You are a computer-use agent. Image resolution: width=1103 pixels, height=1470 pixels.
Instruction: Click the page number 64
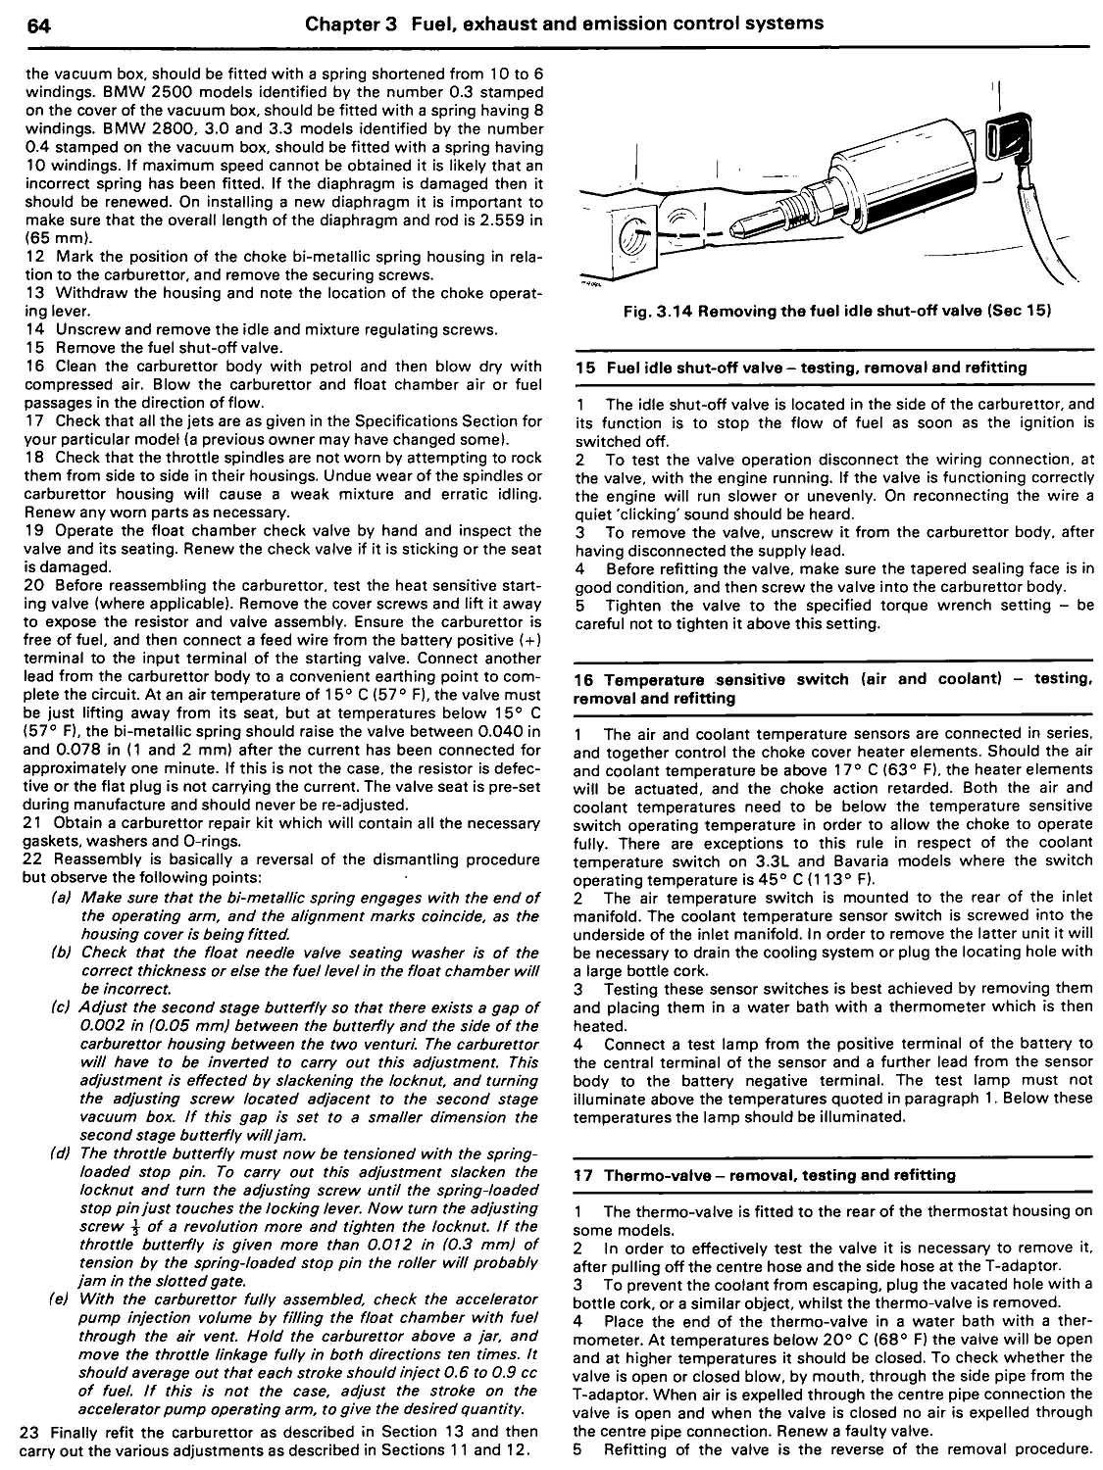(38, 23)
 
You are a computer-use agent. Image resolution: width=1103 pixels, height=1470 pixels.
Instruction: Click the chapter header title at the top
(564, 23)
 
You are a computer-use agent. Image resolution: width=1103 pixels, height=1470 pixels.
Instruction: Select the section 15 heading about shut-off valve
(801, 367)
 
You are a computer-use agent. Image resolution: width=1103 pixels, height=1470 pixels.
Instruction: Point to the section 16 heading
(833, 688)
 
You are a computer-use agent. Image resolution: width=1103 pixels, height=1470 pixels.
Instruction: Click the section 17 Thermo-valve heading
(765, 1174)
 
